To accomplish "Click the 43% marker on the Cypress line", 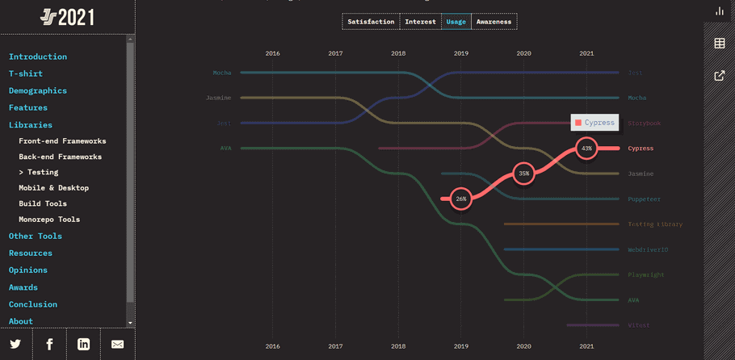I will pos(586,149).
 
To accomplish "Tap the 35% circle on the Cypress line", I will pos(524,174).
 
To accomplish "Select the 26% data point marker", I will pos(461,199).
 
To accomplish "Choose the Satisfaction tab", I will pos(371,22).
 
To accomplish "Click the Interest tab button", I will pos(420,22).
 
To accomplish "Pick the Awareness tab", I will pos(493,22).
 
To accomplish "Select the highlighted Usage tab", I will pos(456,22).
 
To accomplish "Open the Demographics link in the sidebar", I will pos(38,90).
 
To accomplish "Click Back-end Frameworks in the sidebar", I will pos(61,157).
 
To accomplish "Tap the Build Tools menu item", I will pos(43,203).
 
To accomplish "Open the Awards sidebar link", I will pos(23,287).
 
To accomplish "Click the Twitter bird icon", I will pos(15,344).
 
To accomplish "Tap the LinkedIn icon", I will pos(83,344).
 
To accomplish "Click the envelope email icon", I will pos(118,344).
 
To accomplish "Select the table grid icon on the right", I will pos(720,43).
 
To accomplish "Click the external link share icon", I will pos(720,76).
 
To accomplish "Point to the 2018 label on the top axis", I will pos(398,53).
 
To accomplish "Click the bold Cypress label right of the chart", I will pos(640,149).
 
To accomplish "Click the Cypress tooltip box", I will pos(594,123).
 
